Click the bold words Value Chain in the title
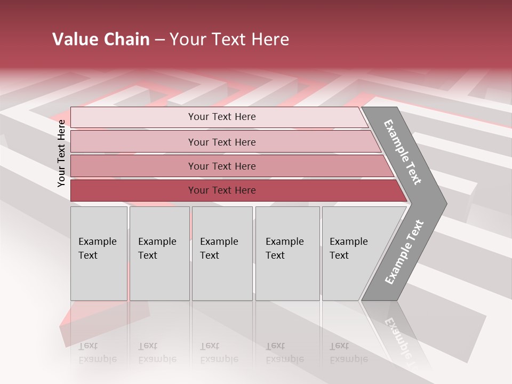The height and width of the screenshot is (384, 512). [101, 39]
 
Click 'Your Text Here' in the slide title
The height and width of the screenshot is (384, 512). [229, 39]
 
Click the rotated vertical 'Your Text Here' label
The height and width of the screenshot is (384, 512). [61, 153]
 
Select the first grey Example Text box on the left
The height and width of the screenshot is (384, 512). [99, 253]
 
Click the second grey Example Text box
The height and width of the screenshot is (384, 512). [159, 253]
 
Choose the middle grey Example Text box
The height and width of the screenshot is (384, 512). [222, 253]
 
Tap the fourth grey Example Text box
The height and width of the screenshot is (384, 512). [287, 253]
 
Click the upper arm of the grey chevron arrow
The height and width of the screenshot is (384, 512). [403, 153]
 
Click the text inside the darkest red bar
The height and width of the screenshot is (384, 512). [222, 190]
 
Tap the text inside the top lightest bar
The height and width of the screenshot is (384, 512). [222, 117]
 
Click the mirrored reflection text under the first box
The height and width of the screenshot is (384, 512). [97, 353]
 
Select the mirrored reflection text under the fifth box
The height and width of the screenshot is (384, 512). [348, 353]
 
